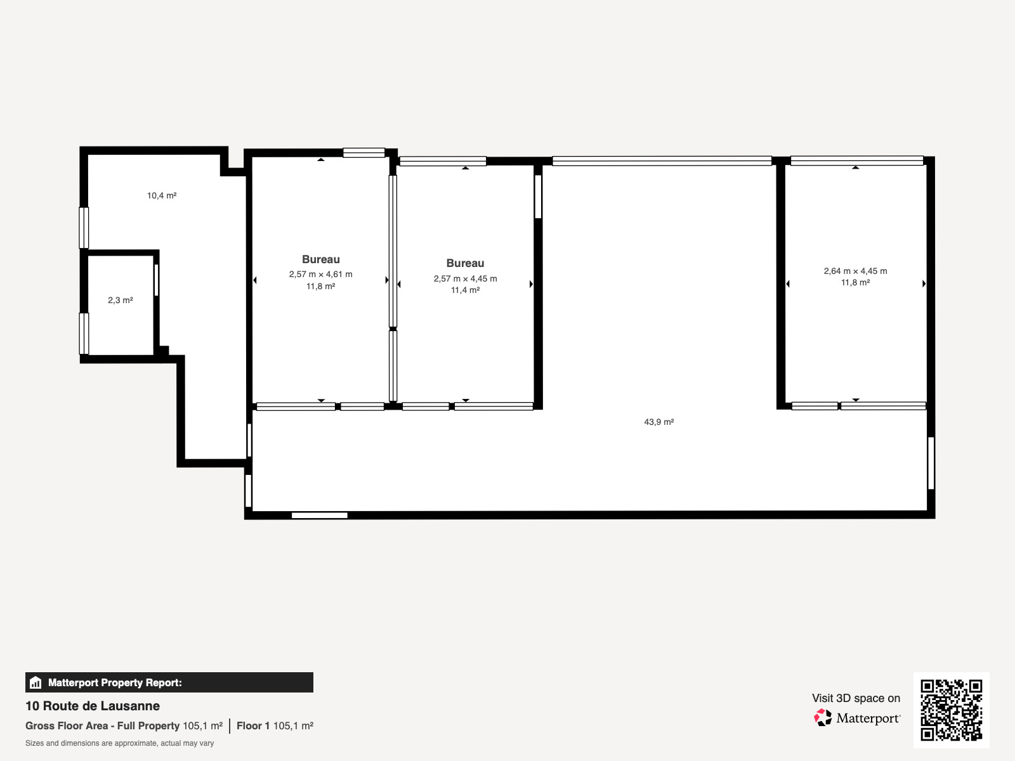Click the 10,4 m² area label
pos(162,195)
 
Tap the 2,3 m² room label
pos(121,301)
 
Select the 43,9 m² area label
pos(659,422)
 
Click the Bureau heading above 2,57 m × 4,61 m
pos(321,259)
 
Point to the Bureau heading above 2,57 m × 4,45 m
pos(465,263)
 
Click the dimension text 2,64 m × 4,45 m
pos(856,271)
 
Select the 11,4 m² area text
pos(465,290)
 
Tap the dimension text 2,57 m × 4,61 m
pos(321,274)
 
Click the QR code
pos(951,710)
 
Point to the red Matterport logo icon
pos(823,718)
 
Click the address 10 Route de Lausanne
pos(93,706)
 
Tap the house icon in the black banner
pos(36,682)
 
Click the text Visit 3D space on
pos(856,698)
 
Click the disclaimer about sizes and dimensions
pos(119,743)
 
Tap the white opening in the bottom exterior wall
pos(320,515)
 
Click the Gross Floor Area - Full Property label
pos(102,726)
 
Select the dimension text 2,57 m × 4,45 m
pos(465,278)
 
